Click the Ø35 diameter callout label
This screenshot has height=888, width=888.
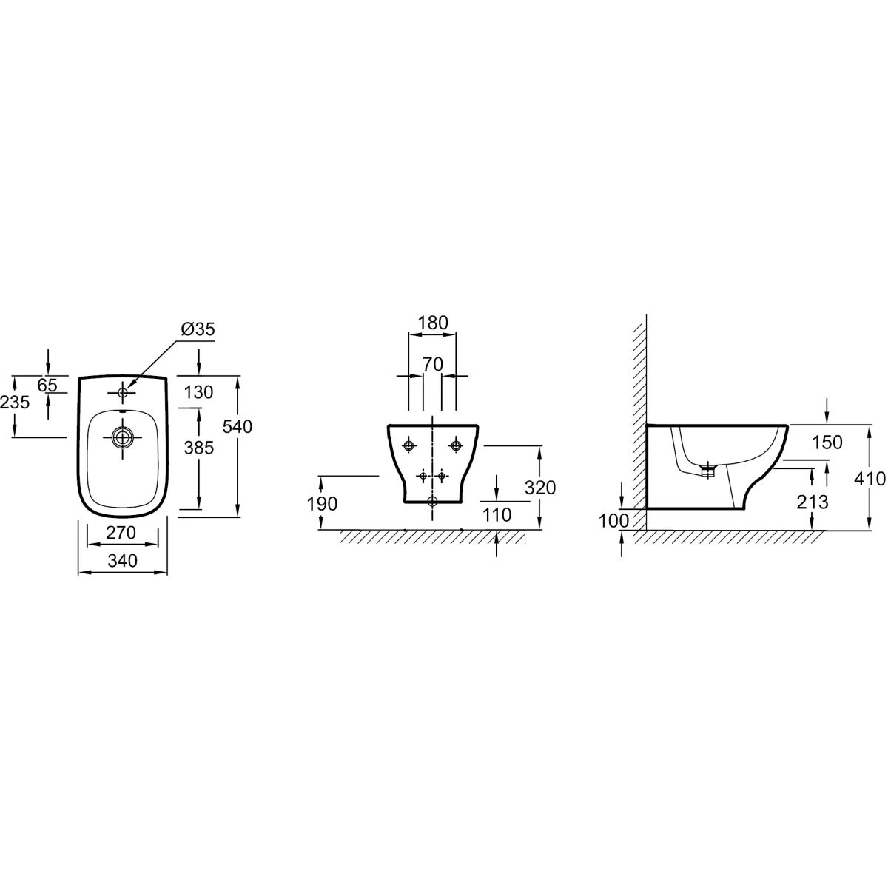pyautogui.click(x=198, y=329)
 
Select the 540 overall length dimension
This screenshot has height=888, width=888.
pyautogui.click(x=238, y=427)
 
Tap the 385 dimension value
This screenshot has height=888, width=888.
pyautogui.click(x=199, y=448)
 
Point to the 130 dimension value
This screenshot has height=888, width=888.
pyautogui.click(x=198, y=392)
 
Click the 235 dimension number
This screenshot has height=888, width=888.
pyautogui.click(x=15, y=403)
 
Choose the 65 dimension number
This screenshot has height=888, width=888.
pyautogui.click(x=47, y=385)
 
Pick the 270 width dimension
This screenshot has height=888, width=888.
pyautogui.click(x=121, y=533)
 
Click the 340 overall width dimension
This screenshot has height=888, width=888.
pyautogui.click(x=123, y=561)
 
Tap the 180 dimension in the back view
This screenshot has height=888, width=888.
pyautogui.click(x=433, y=323)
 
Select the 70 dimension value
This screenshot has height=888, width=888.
pyautogui.click(x=433, y=365)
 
